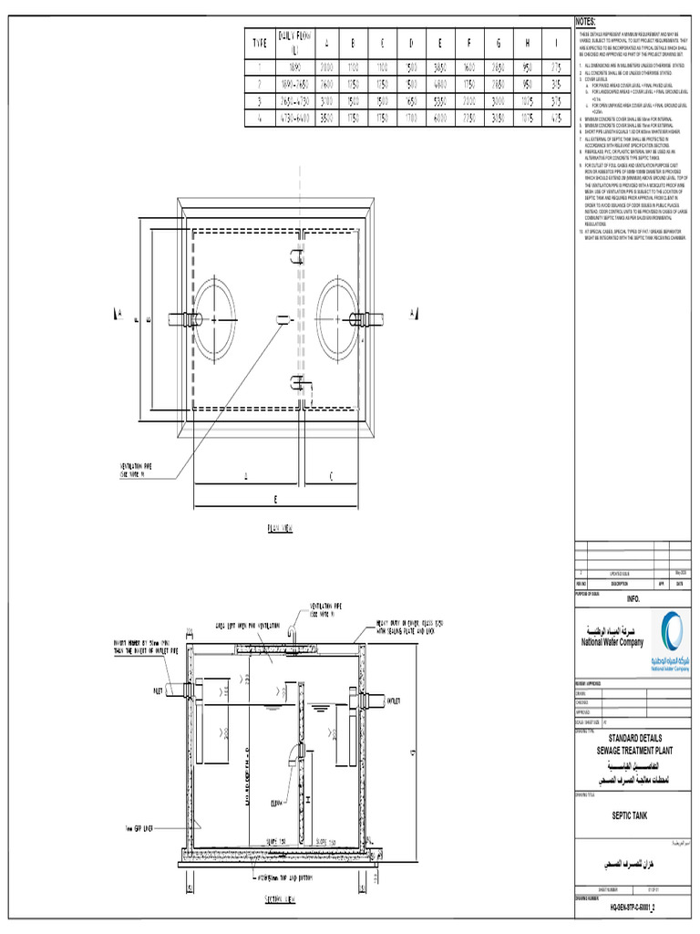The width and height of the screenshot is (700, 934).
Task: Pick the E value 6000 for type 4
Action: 441,118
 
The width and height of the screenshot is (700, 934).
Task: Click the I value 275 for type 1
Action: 556,67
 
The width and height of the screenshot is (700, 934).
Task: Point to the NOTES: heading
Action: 585,21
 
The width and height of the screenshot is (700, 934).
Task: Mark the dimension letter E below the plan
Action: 274,499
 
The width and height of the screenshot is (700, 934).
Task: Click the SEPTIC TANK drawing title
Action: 629,821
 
